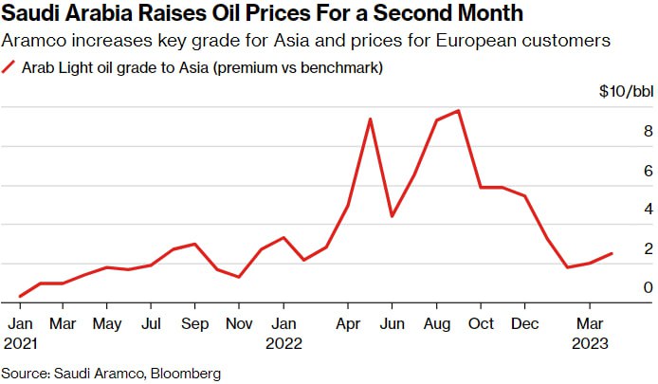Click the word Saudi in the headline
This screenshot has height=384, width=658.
(x=34, y=14)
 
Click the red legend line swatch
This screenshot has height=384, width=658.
(x=10, y=68)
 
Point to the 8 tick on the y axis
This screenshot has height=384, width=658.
(x=621, y=131)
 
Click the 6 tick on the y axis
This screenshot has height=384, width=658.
(x=621, y=171)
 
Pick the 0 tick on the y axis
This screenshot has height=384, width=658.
(x=621, y=287)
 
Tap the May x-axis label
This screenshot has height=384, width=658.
(x=107, y=322)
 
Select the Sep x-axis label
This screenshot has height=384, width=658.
(x=195, y=322)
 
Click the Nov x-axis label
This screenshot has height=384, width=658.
(x=239, y=322)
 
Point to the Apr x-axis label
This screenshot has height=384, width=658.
(x=348, y=322)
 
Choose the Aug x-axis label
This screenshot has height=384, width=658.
(x=436, y=322)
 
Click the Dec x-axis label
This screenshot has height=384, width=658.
(x=524, y=322)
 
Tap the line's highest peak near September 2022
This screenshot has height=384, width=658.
(x=459, y=111)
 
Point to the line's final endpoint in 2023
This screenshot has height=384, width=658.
(x=612, y=253)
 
